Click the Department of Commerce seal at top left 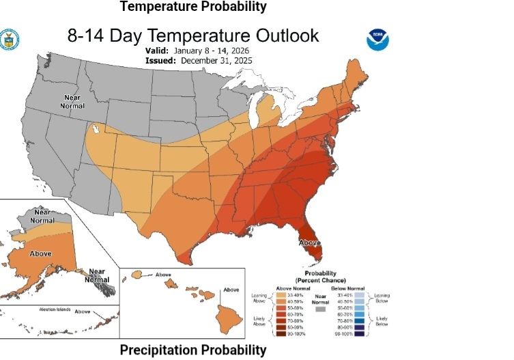point(9,39)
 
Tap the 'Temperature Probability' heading point(193,7)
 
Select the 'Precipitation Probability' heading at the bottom point(194,350)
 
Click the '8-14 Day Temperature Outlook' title point(193,36)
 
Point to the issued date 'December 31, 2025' point(216,60)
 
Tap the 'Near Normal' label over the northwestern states point(72,102)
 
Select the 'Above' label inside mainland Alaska point(40,253)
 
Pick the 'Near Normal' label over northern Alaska point(42,216)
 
